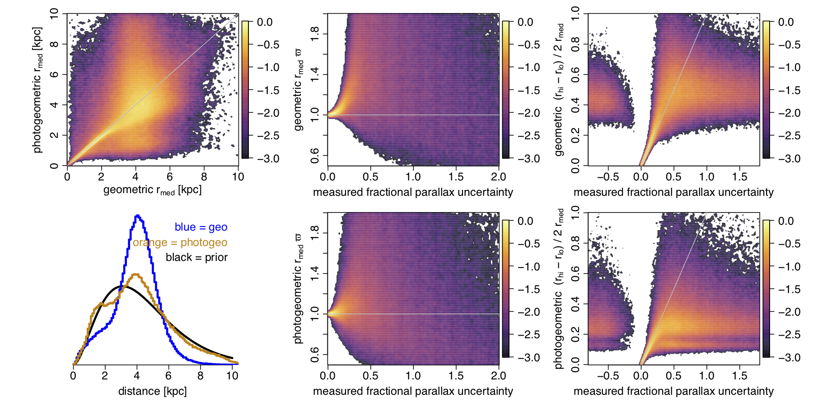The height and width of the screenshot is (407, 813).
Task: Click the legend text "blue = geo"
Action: tap(201, 227)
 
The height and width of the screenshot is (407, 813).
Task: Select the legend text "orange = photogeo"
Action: tap(180, 242)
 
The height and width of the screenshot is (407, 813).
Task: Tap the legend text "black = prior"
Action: tap(196, 257)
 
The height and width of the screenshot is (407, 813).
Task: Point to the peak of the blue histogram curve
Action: tap(137, 216)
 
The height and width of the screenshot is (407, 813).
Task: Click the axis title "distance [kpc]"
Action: tap(152, 391)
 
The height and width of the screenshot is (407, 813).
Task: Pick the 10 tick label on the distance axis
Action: tap(232, 376)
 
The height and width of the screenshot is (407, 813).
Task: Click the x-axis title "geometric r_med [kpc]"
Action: tap(152, 190)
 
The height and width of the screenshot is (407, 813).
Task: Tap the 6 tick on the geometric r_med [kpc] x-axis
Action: tap(170, 177)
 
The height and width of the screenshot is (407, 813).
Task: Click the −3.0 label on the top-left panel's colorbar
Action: tap(268, 159)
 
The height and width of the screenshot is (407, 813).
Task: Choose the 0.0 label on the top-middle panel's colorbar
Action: tap(525, 22)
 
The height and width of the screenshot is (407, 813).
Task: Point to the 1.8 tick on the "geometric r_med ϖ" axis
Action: tap(315, 33)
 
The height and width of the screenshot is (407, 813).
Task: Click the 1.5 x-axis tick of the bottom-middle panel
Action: tap(456, 376)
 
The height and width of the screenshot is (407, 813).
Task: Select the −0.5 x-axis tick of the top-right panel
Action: tap(608, 177)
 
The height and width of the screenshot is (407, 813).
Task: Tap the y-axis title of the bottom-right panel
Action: tap(559, 289)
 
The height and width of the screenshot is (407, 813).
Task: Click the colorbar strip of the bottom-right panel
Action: tap(766, 289)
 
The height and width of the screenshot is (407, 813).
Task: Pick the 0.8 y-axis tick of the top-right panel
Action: tap(575, 44)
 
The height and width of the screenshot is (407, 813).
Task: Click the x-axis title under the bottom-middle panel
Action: tap(413, 391)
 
